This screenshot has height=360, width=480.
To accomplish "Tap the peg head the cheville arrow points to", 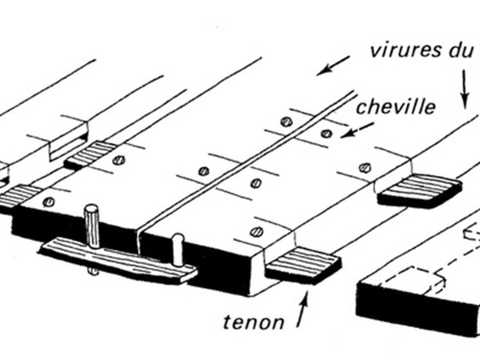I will click(326, 132).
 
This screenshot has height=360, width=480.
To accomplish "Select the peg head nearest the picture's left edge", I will click(50, 201).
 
